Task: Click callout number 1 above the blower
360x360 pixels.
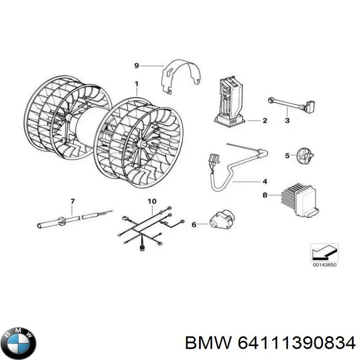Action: point(136,83)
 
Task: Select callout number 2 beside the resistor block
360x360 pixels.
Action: point(265,121)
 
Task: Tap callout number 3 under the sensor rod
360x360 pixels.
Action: point(288,120)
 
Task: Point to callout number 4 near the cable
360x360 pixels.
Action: point(265,181)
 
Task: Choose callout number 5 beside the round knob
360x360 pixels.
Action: point(287,156)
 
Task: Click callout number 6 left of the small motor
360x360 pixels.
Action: point(194,225)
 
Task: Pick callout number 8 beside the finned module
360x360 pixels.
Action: point(265,194)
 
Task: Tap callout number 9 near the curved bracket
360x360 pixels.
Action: point(137,66)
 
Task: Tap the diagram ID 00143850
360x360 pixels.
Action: point(324,265)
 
